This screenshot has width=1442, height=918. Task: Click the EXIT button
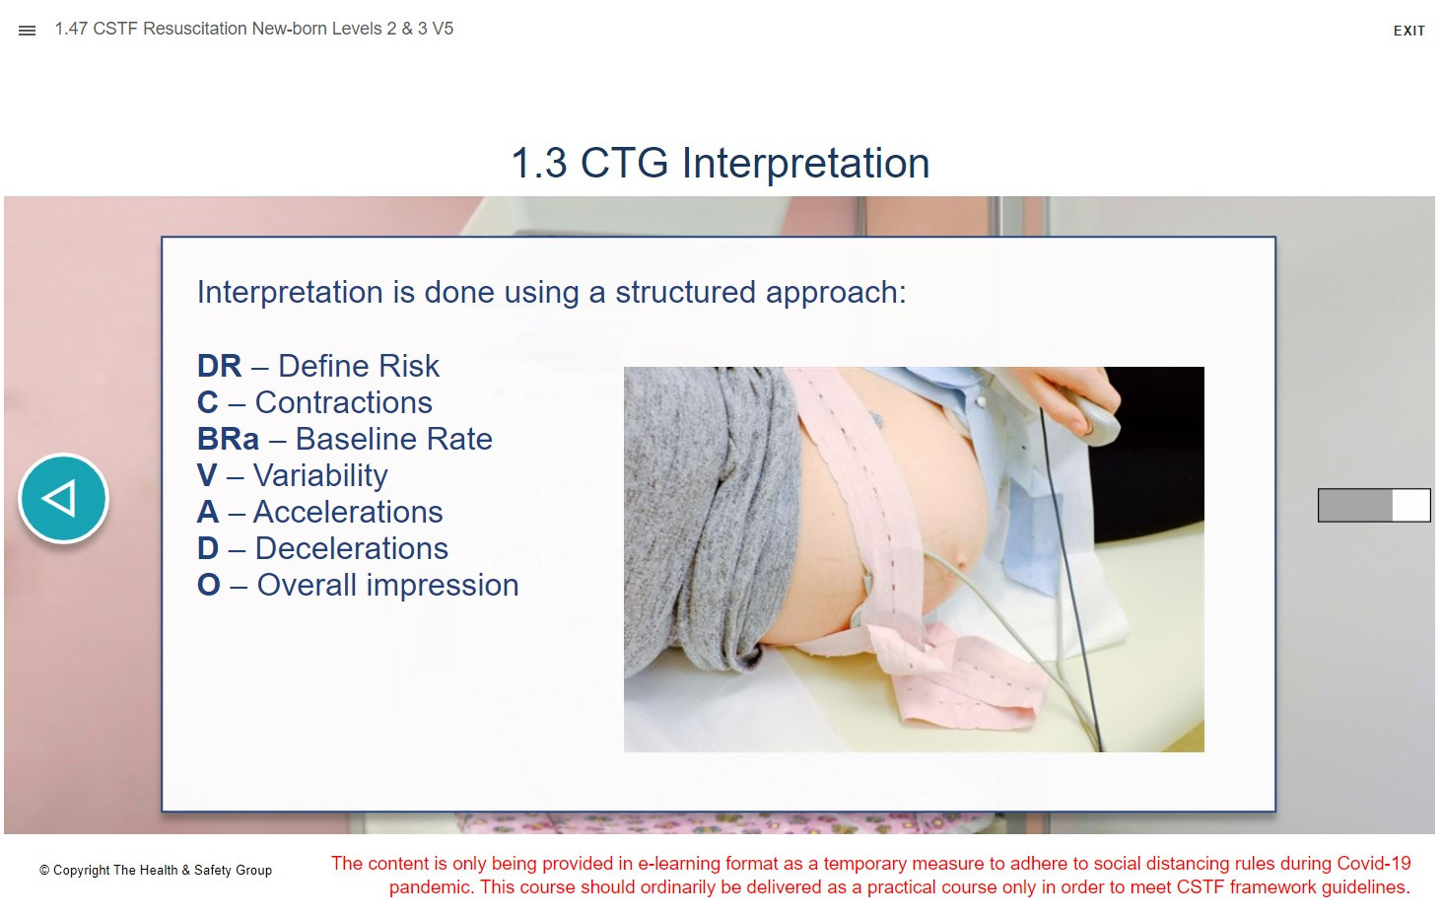pos(1408,31)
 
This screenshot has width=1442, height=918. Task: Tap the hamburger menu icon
pos(27,31)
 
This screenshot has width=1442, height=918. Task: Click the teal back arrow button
pos(63,498)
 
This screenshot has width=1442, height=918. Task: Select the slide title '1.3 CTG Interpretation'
pos(721,163)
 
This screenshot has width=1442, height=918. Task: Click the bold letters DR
pos(219,366)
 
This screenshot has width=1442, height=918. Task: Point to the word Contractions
pos(344,402)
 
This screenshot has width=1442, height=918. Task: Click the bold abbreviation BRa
pos(228,440)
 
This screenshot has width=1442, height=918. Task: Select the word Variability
pos(320,476)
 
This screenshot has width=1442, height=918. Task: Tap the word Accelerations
pos(348,512)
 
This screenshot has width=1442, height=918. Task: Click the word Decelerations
pos(352,549)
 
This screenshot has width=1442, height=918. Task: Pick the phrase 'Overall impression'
pos(388,586)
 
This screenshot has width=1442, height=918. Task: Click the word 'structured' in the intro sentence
pos(686,292)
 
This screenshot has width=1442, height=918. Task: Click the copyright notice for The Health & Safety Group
pos(156,871)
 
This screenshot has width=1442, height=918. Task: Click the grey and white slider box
pos(1374,505)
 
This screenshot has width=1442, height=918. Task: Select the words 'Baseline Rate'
pos(394,440)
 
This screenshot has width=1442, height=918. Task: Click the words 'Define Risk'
pos(359,366)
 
